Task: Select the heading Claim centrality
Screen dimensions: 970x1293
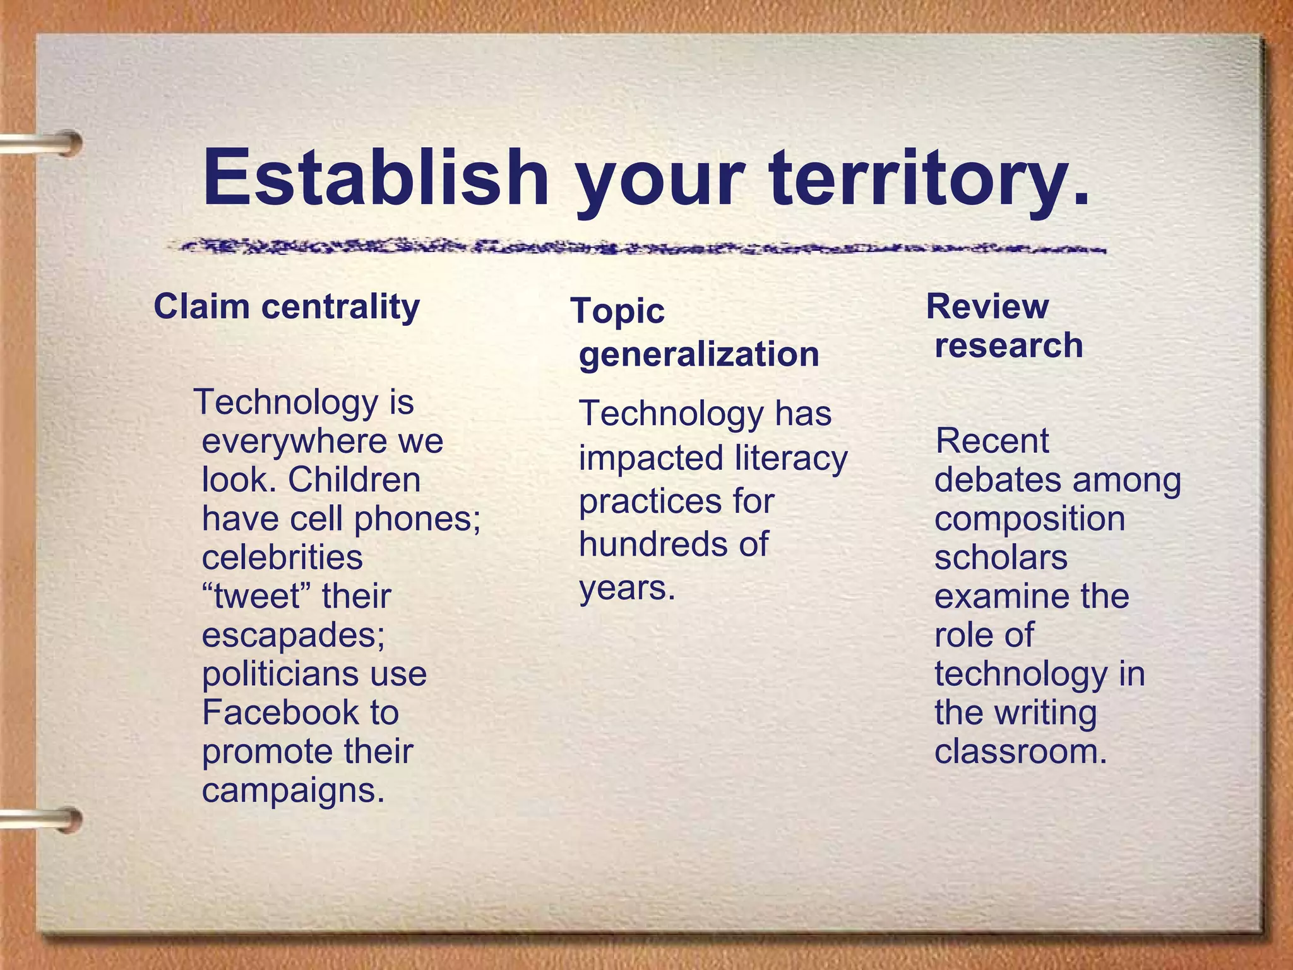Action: pos(287,308)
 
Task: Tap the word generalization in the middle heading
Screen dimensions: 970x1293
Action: pos(699,354)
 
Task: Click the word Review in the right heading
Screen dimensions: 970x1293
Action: pos(987,307)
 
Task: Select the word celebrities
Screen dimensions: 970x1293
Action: pos(282,558)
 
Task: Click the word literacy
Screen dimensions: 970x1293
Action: pos(792,458)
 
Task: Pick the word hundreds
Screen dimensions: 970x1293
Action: pos(650,544)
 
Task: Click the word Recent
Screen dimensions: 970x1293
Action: pos(992,441)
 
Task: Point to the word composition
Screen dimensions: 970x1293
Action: pos(1030,519)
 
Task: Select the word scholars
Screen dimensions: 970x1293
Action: pos(1001,558)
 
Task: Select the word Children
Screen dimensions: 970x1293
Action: pos(354,480)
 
